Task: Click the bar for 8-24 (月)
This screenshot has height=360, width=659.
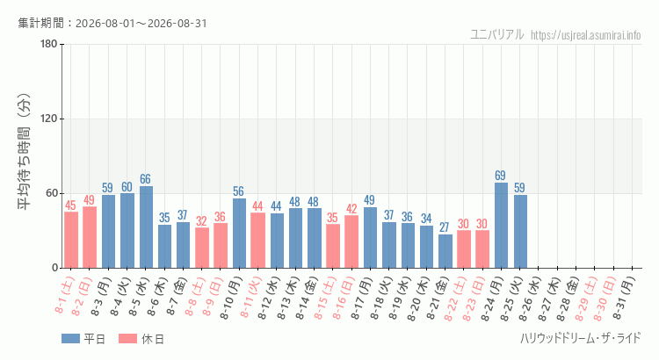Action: (501, 225)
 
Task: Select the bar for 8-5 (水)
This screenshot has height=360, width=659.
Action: (146, 227)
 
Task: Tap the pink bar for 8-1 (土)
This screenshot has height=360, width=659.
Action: (71, 240)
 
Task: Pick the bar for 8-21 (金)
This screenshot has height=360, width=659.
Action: (445, 251)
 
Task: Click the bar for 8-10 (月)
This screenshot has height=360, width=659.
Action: (240, 234)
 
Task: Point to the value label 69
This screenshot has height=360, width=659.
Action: (500, 175)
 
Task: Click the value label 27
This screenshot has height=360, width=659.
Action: (445, 227)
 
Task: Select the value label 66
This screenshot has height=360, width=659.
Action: (145, 179)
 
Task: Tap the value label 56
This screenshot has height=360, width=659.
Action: (238, 191)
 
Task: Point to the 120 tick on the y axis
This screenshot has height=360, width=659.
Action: (48, 119)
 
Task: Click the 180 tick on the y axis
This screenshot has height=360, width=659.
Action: (48, 44)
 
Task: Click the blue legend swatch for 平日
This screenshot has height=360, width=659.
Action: (70, 339)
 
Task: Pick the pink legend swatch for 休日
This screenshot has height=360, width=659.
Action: (127, 339)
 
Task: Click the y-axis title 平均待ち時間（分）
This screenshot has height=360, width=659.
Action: (24, 152)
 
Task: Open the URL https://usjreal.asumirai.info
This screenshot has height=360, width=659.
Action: (585, 35)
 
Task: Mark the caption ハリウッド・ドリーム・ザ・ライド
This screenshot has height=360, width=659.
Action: (581, 338)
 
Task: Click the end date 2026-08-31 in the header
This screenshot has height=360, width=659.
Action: (177, 23)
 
